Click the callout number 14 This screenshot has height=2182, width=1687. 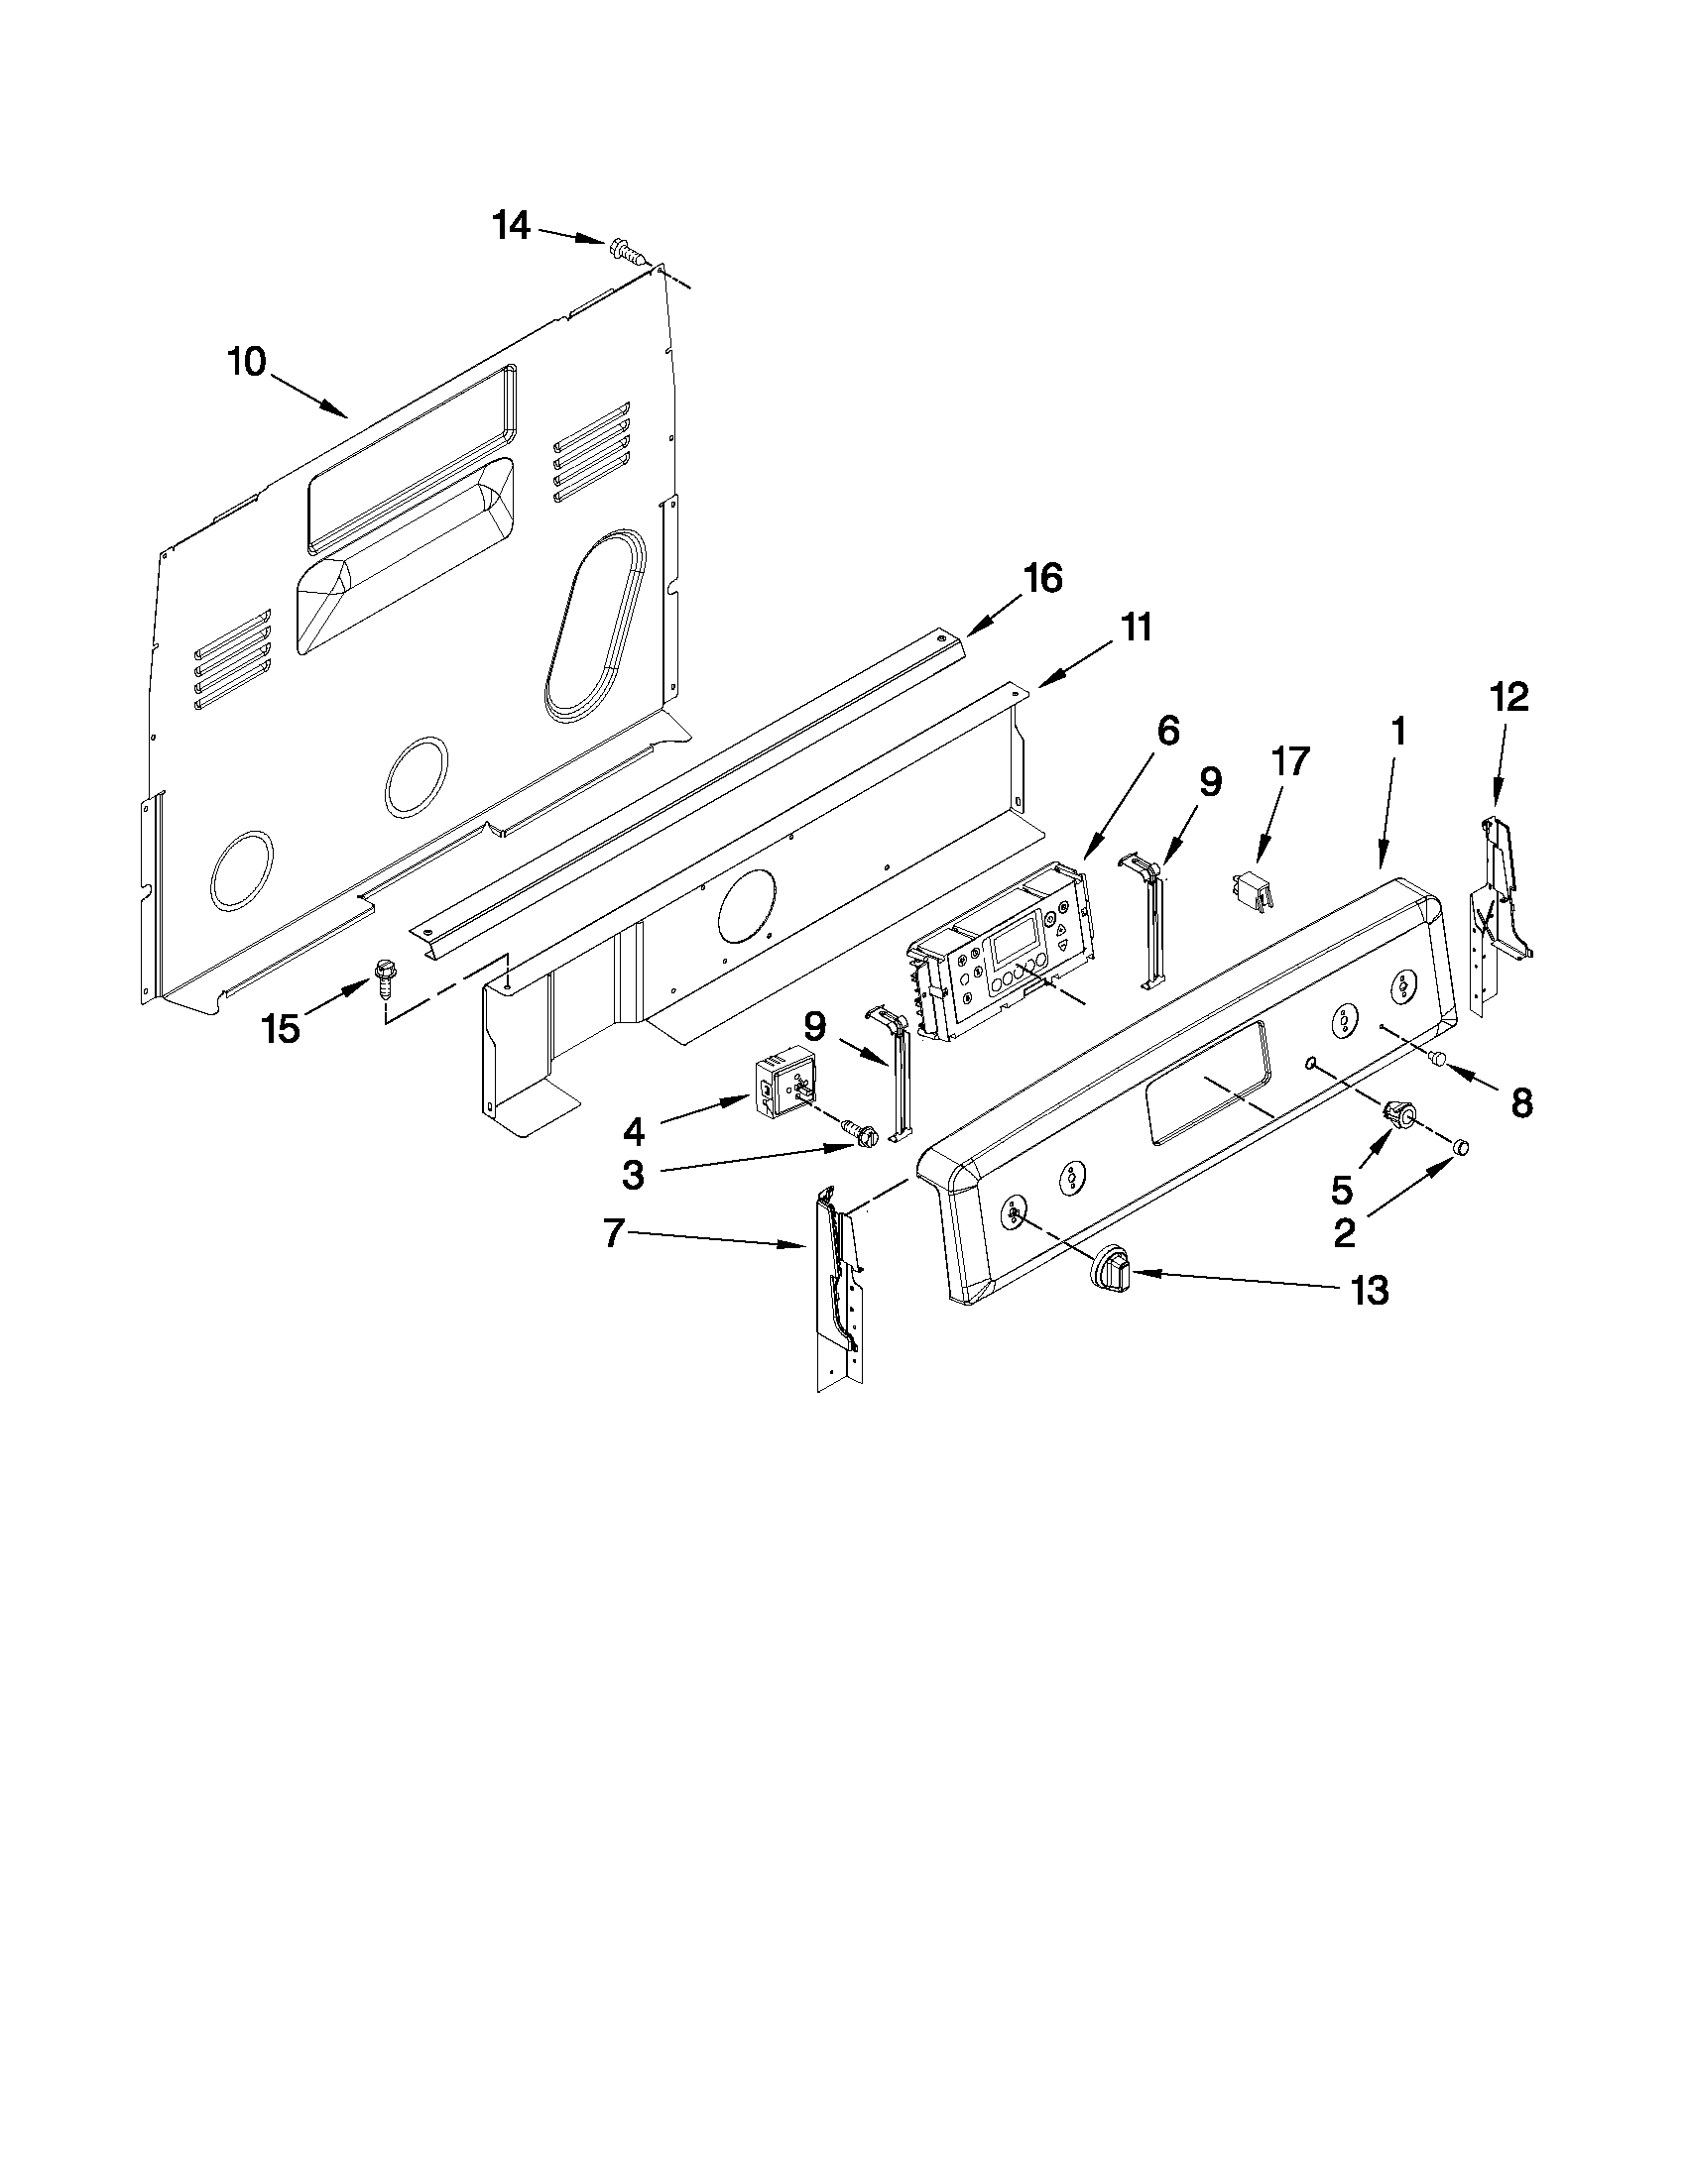click(511, 227)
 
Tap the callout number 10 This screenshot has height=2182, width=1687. click(247, 362)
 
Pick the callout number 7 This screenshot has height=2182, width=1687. click(615, 1235)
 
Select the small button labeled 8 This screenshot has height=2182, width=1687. click(1440, 1059)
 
